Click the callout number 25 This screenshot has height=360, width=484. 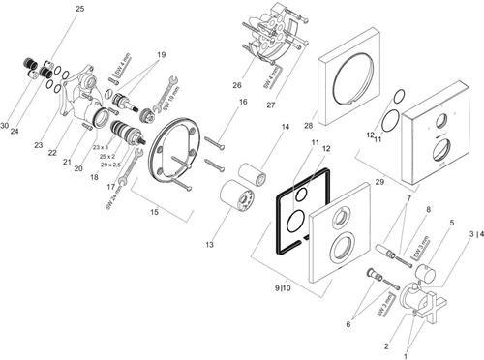(x=79, y=9)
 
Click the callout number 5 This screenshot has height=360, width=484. (x=450, y=222)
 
